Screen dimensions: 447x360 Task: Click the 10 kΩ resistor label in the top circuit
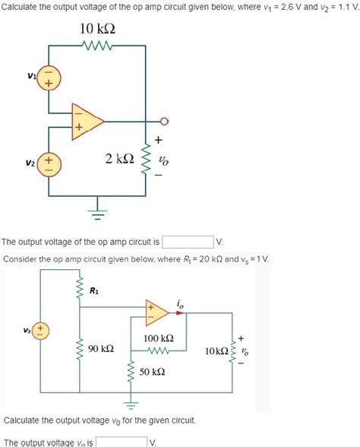click(x=98, y=30)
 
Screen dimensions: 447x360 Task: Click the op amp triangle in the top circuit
click(x=87, y=120)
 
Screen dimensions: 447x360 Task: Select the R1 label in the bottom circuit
click(x=93, y=290)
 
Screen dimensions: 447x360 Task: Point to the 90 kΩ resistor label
click(x=101, y=349)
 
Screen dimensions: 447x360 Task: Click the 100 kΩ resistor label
click(x=158, y=338)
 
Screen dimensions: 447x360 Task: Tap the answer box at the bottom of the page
click(x=120, y=442)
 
